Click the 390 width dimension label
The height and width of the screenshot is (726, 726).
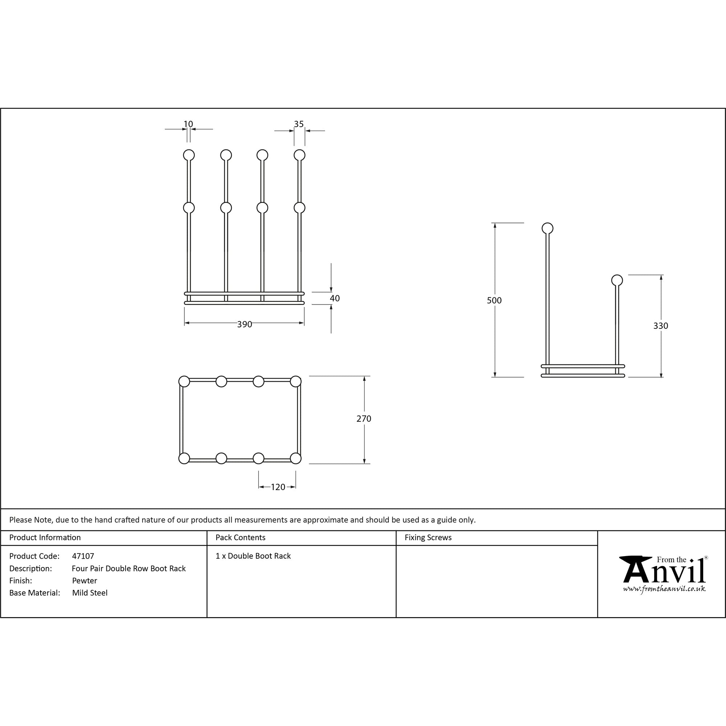pyautogui.click(x=244, y=324)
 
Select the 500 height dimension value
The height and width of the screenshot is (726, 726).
pyautogui.click(x=494, y=300)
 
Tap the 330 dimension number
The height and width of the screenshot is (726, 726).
pyautogui.click(x=660, y=326)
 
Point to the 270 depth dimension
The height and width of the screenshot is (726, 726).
pyautogui.click(x=363, y=419)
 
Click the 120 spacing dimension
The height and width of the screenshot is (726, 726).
pyautogui.click(x=278, y=487)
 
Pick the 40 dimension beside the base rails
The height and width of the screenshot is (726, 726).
pyautogui.click(x=334, y=298)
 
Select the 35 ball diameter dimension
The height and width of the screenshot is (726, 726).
pyautogui.click(x=299, y=124)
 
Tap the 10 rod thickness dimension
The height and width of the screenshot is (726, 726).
pyautogui.click(x=188, y=124)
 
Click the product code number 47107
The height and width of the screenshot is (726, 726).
pyautogui.click(x=83, y=556)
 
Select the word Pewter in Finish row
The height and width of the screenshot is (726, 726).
pyautogui.click(x=85, y=580)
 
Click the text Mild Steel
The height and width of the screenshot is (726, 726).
pyautogui.click(x=90, y=593)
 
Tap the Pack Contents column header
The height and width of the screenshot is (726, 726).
pyautogui.click(x=241, y=538)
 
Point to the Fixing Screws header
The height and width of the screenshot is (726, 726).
pyautogui.click(x=428, y=538)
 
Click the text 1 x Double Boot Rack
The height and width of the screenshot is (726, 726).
pyautogui.click(x=253, y=556)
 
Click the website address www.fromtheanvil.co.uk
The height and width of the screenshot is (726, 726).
pyautogui.click(x=664, y=589)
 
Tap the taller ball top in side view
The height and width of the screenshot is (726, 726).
pyautogui.click(x=547, y=228)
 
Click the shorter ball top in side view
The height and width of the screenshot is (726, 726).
pyautogui.click(x=617, y=280)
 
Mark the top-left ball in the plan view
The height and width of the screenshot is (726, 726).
pyautogui.click(x=184, y=382)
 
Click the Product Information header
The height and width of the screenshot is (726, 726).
pyautogui.click(x=45, y=538)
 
